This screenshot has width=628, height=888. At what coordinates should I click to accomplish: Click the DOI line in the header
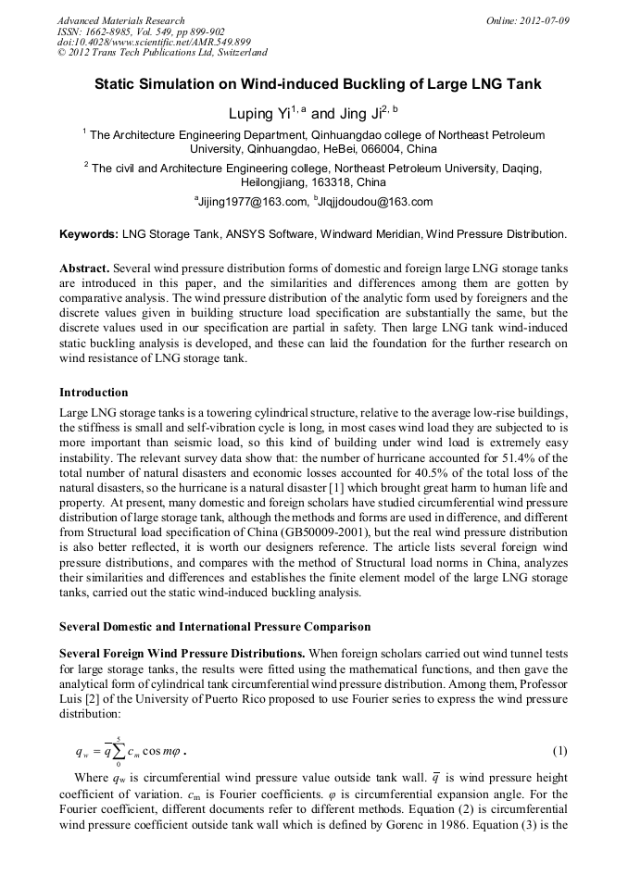coord(154,42)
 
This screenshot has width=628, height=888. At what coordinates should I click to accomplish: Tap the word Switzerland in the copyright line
coord(235,53)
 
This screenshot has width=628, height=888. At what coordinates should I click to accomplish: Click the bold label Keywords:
coord(89,235)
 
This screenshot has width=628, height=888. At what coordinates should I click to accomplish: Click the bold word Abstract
coord(85,266)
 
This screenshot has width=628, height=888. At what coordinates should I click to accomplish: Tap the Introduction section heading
coord(94,393)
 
